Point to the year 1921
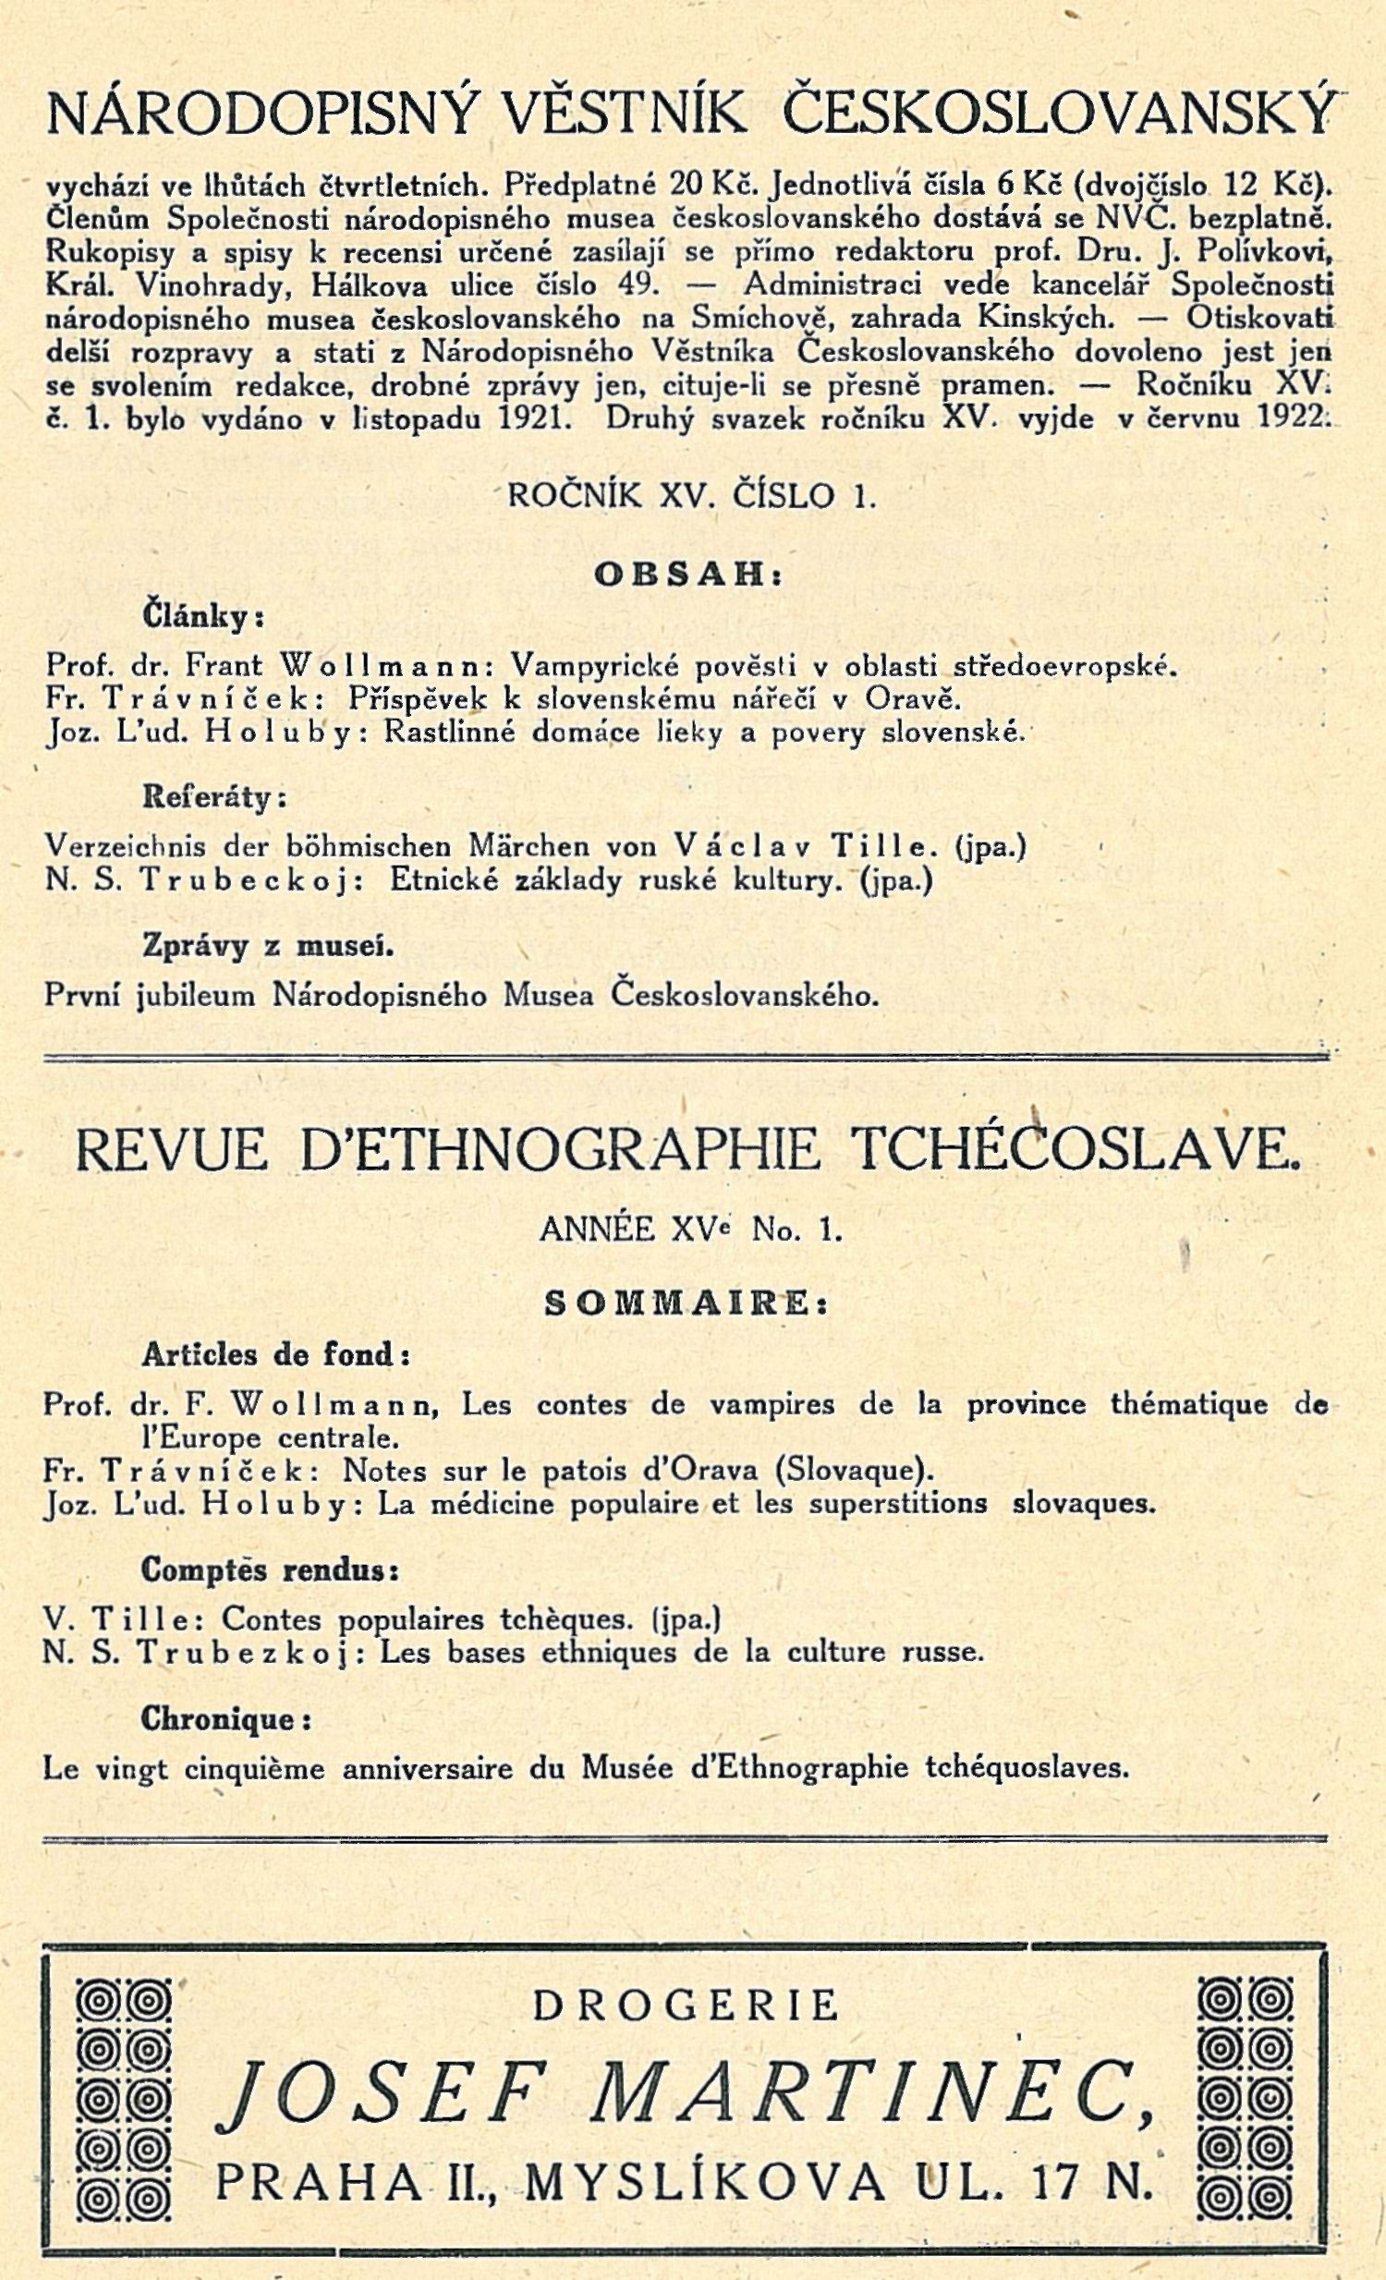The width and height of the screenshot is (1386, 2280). pyautogui.click(x=532, y=418)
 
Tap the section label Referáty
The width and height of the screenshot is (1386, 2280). pyautogui.click(x=213, y=797)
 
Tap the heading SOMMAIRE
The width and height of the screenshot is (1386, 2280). pyautogui.click(x=685, y=1303)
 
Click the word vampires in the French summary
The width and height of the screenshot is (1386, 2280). pyautogui.click(x=771, y=1403)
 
